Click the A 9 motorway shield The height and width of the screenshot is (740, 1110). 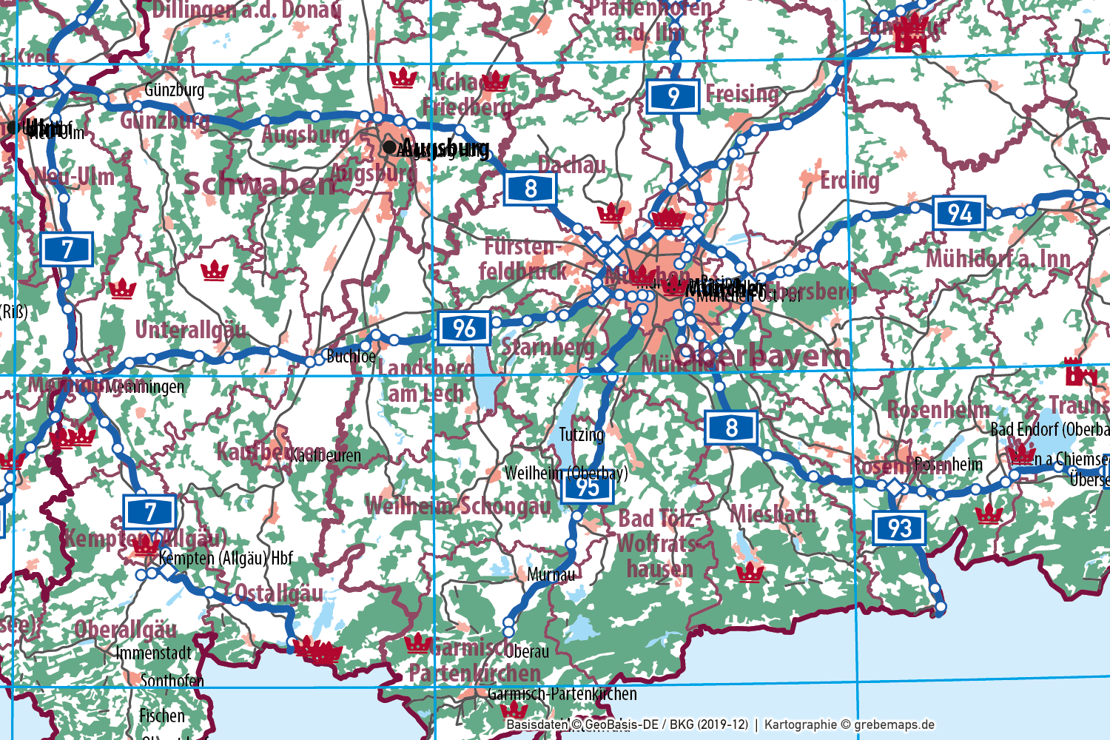pos(673,96)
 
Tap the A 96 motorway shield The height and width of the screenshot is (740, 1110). pos(464,328)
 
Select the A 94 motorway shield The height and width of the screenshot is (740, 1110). pos(959,213)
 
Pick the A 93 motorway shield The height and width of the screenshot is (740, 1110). pos(899,528)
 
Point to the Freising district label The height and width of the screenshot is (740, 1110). pos(742,94)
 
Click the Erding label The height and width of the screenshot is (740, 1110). pos(850,180)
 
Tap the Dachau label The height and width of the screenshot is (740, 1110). pos(571,164)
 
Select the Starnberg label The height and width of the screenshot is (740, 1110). pos(548,346)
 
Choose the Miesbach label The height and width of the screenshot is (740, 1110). pos(773,514)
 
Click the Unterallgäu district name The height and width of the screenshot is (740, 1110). pos(190,330)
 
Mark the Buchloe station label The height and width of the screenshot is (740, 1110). pos(351,356)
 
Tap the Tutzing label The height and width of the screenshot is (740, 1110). pos(581,434)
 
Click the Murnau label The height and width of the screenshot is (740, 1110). pos(551,574)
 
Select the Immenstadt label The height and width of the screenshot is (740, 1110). pos(154,653)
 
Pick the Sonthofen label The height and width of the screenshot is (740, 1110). pos(172,680)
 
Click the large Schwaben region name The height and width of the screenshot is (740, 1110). pos(259,184)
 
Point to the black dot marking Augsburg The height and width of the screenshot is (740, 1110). pos(389,147)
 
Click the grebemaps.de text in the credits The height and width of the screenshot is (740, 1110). pos(894,725)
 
